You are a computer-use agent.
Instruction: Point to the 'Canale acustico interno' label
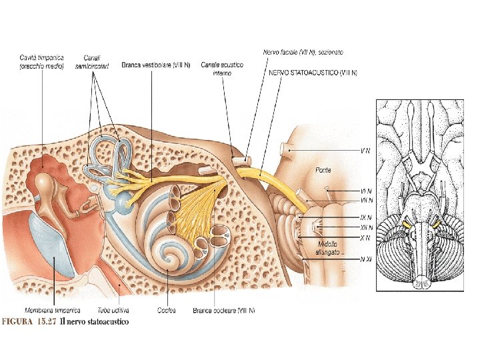[x=222, y=69]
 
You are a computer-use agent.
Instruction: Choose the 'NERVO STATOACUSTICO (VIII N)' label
[x=312, y=72]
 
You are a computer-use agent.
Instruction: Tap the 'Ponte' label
[x=324, y=170]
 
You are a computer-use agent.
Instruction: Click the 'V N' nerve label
[x=365, y=151]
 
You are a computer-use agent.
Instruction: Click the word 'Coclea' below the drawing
[x=167, y=310]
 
